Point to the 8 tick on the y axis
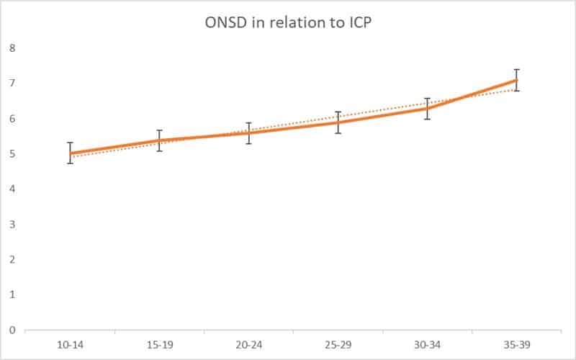(12, 48)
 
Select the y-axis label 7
(12, 84)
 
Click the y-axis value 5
(12, 154)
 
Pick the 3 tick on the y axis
(12, 225)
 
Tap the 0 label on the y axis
(12, 330)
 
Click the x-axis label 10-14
(70, 346)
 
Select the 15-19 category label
(159, 346)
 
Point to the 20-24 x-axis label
(248, 346)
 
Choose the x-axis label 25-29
(338, 346)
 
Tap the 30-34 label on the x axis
(427, 346)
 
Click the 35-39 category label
(516, 346)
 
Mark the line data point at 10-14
(70, 153)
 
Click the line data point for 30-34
(427, 108)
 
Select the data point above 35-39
(516, 80)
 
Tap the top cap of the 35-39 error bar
(516, 69)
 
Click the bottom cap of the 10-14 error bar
(70, 163)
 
